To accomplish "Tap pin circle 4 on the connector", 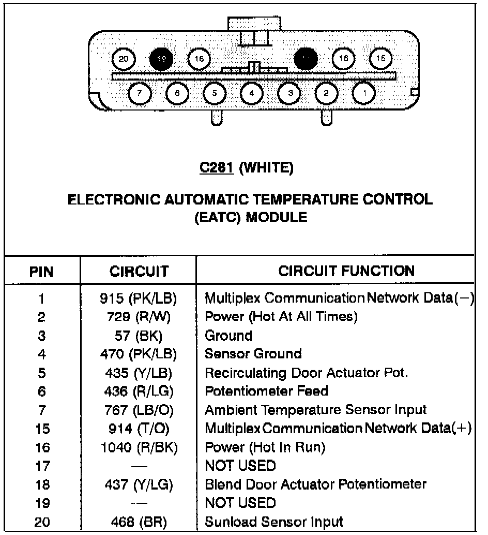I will click(252, 93).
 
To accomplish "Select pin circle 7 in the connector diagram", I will click(139, 93).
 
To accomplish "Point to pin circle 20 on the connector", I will click(123, 59).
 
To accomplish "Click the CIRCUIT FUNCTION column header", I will click(346, 271).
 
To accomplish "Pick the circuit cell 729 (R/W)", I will click(138, 317).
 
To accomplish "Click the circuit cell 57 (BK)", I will click(138, 336).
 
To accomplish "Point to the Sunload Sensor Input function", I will click(274, 522).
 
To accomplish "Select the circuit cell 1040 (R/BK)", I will click(138, 447).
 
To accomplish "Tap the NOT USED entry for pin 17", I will click(240, 466).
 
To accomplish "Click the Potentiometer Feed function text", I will click(267, 391).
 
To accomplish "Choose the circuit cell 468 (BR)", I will click(138, 522).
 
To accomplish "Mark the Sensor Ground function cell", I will click(253, 354).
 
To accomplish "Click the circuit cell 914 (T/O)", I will click(138, 429).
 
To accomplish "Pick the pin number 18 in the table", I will click(41, 484).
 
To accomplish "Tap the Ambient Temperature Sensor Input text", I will click(316, 410).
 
